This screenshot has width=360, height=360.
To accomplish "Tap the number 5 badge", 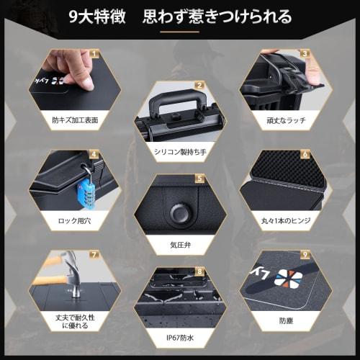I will (200, 177).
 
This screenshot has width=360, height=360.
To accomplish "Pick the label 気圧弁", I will (180, 243).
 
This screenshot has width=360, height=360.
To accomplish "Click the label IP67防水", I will (180, 337).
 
